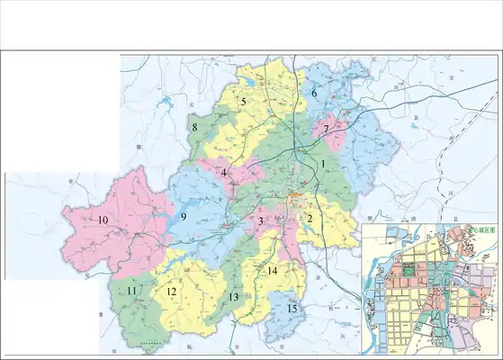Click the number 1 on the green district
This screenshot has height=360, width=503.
tap(322, 165)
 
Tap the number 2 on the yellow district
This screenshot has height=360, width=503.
tap(310, 218)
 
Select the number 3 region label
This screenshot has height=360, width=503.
tap(260, 221)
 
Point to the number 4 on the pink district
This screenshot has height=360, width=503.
tap(224, 173)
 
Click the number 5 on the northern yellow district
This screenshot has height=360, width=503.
tap(243, 103)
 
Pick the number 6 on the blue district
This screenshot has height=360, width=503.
tap(315, 94)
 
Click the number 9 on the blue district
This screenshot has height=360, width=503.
tap(183, 217)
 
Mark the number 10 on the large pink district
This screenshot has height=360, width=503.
tap(103, 220)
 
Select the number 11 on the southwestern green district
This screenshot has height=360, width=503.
tap(131, 291)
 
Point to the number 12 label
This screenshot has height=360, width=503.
tap(171, 292)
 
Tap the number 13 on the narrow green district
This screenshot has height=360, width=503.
tap(233, 297)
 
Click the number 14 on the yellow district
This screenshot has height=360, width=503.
tap(272, 271)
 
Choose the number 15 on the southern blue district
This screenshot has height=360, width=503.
tap(292, 309)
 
